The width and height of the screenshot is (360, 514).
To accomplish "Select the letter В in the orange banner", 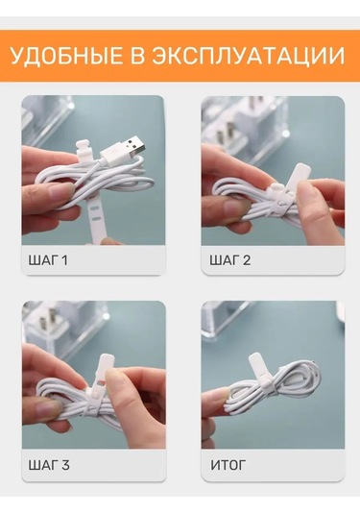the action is click(136, 56).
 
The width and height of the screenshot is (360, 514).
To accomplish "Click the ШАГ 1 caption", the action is click(48, 260).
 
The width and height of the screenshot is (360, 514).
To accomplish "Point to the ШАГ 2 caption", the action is click(230, 260).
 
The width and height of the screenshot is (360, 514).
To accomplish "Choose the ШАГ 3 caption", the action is click(49, 465).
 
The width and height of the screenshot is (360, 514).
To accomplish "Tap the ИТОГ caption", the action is click(228, 465).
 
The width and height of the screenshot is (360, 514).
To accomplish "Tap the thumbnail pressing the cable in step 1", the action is click(60, 191).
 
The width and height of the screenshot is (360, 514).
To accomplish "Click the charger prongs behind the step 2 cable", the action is click(228, 131).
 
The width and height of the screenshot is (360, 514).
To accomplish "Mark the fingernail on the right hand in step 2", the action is click(308, 192).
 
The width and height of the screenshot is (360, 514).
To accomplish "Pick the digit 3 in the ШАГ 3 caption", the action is click(65, 465).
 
